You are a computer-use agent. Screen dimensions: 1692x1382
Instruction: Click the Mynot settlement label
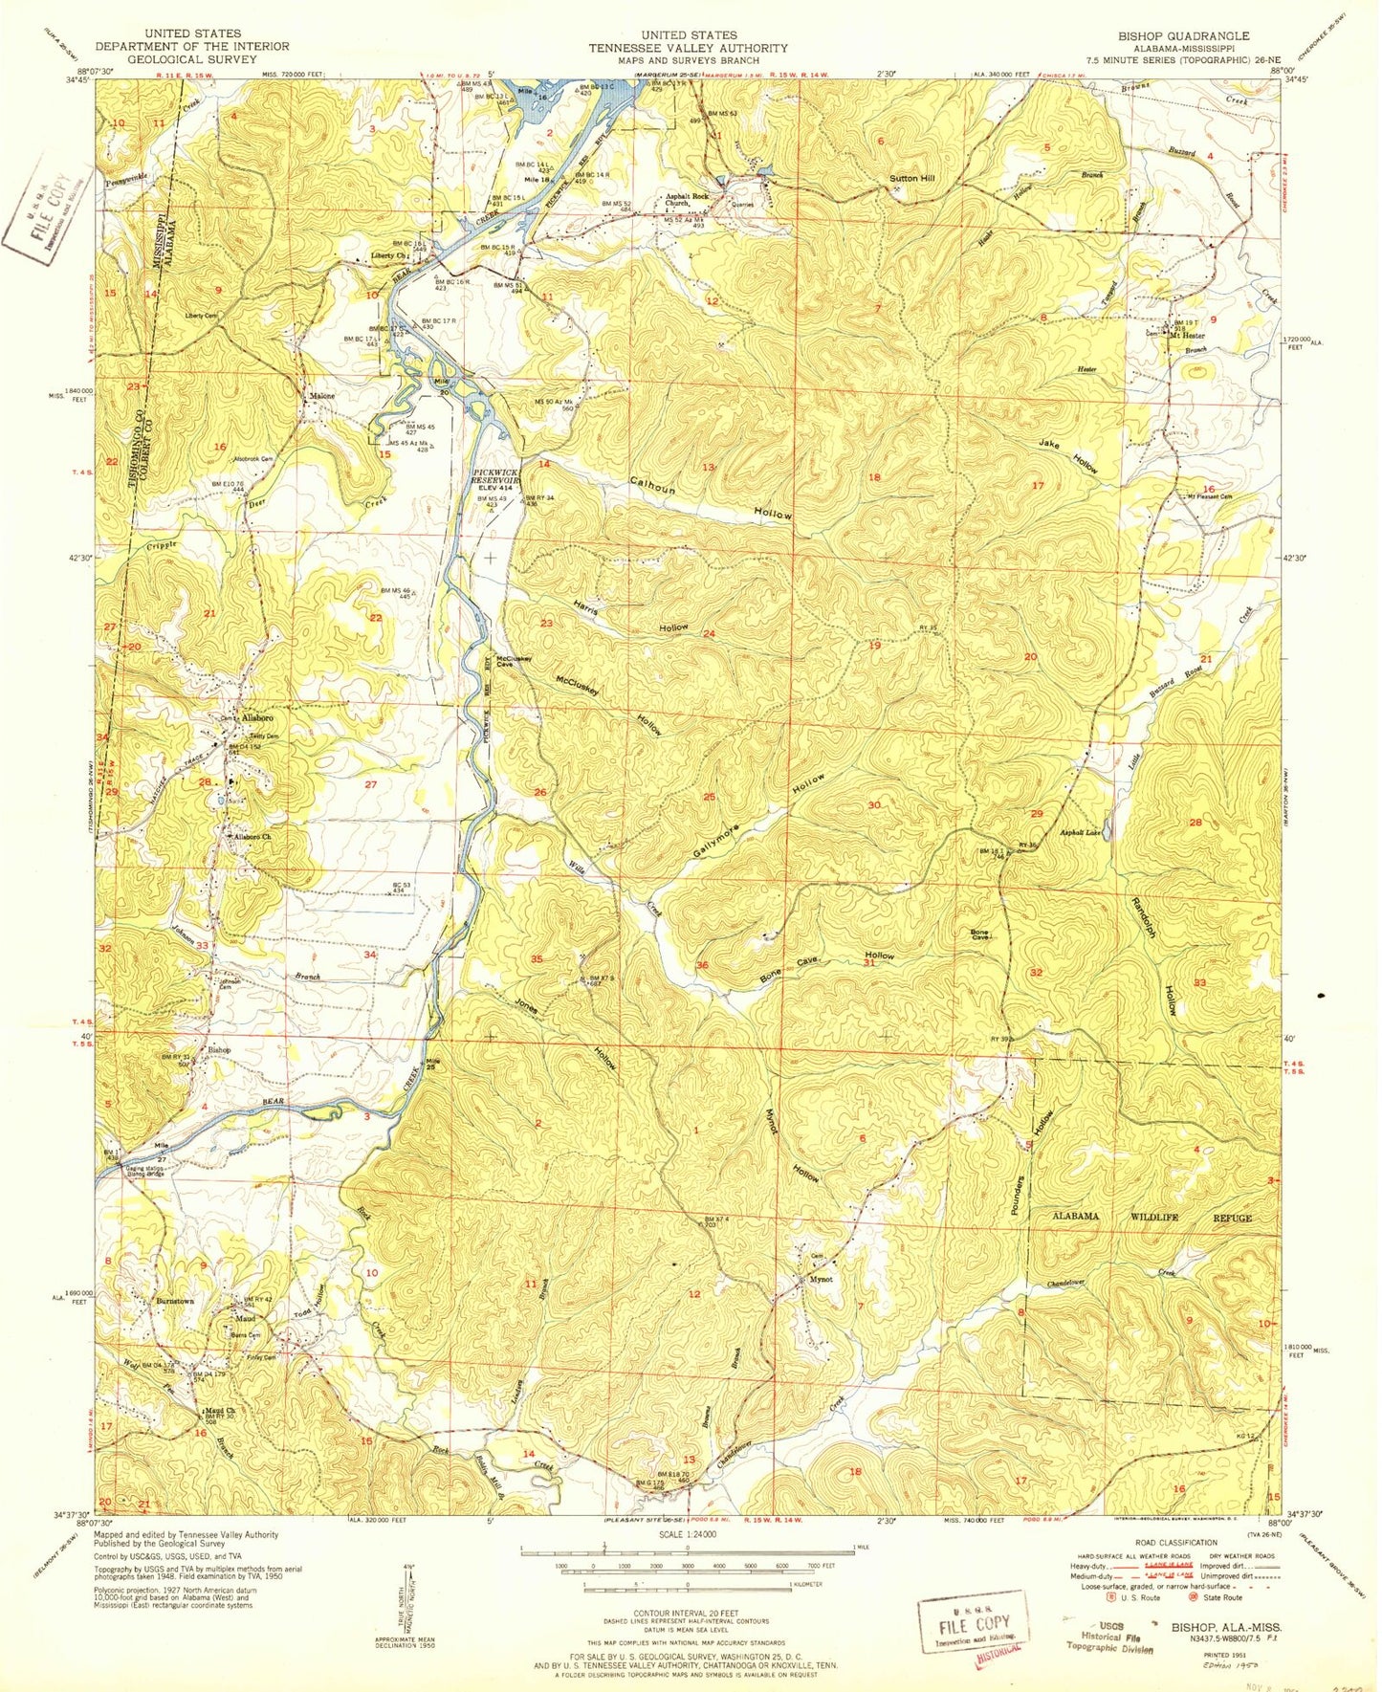pos(821,1279)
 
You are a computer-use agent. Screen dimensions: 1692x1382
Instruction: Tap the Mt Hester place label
pos(1186,336)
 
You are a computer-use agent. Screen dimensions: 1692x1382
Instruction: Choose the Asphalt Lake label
pos(1081,833)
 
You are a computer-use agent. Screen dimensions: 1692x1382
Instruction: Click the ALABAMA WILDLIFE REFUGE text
pos(1152,1218)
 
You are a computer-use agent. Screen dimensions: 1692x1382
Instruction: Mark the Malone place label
pos(319,396)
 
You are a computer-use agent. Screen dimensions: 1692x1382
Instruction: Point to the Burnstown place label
pos(175,1302)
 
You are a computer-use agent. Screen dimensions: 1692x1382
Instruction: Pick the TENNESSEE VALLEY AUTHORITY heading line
pos(688,48)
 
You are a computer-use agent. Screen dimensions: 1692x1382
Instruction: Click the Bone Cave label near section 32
pos(978,935)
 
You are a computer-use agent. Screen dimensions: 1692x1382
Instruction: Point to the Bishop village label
pos(219,1049)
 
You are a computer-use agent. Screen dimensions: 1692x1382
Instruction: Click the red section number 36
pos(703,965)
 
